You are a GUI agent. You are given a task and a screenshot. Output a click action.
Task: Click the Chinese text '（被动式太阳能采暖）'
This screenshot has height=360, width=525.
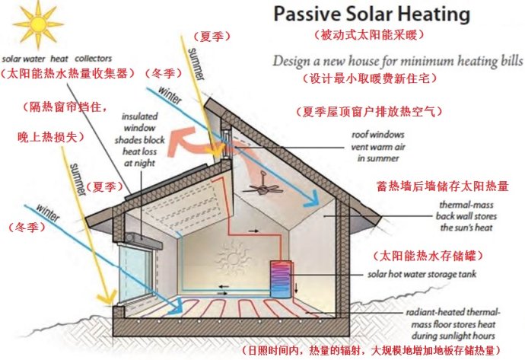pos(369,35)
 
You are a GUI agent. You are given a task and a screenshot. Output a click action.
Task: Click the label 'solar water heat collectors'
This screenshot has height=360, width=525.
pos(57,58)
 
